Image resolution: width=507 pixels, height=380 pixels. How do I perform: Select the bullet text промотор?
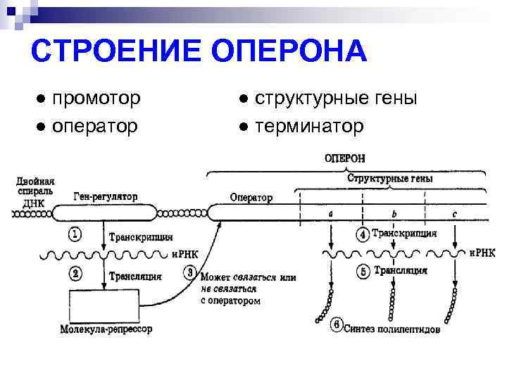click(x=98, y=98)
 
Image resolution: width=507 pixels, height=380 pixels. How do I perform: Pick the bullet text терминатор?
click(x=310, y=126)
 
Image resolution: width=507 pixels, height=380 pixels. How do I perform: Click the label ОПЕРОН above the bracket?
click(x=344, y=159)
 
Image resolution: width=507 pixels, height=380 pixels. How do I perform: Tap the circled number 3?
click(x=189, y=272)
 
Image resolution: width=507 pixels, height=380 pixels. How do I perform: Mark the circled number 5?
click(x=363, y=271)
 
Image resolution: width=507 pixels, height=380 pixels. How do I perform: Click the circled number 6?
click(x=336, y=325)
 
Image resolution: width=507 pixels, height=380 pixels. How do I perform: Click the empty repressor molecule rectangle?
click(x=104, y=305)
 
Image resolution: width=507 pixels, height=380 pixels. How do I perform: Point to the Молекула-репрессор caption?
click(x=106, y=329)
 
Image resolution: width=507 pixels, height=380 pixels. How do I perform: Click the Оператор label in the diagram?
click(x=251, y=198)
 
